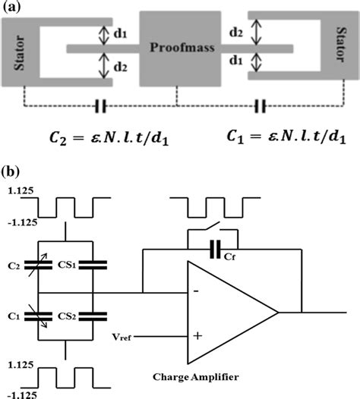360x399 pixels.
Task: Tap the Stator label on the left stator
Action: click(18, 51)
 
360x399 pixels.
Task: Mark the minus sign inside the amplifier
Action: click(197, 291)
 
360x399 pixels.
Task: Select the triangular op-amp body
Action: click(228, 311)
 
